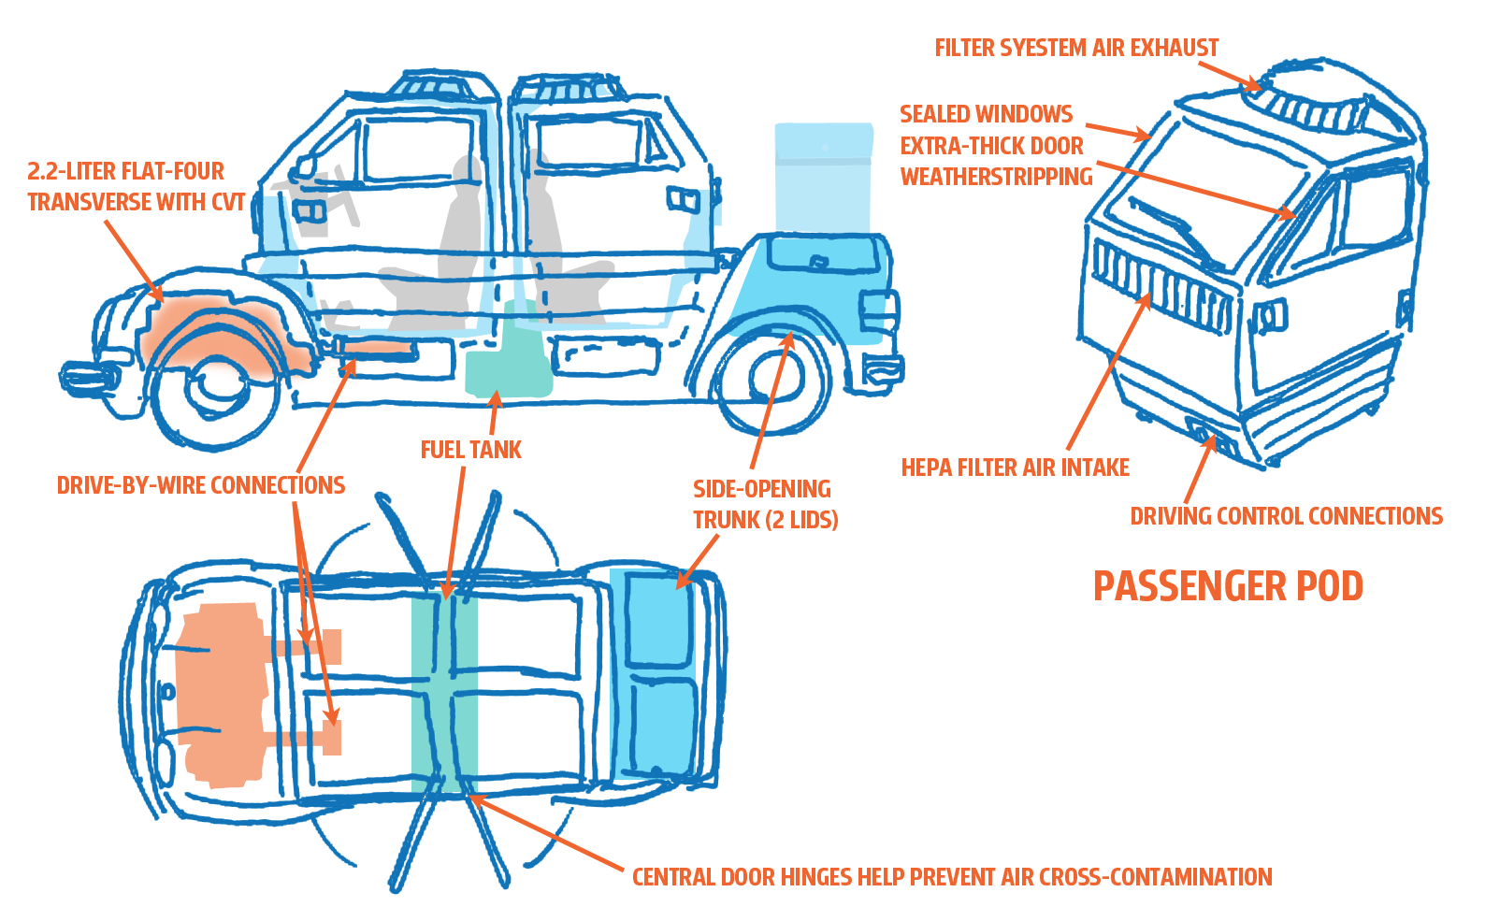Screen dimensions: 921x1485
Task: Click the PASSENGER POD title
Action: click(x=1228, y=587)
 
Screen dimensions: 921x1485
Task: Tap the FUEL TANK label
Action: click(x=470, y=451)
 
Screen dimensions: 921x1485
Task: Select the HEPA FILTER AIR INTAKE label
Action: click(x=1015, y=468)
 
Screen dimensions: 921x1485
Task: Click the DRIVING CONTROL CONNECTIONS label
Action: click(x=1286, y=516)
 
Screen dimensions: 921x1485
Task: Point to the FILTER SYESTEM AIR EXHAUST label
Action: click(x=1076, y=48)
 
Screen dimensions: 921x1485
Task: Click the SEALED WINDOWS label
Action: click(x=986, y=114)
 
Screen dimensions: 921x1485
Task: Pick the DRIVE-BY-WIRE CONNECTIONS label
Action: click(x=201, y=485)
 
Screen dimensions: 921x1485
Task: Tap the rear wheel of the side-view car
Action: click(x=773, y=381)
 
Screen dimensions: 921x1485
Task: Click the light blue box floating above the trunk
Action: click(x=822, y=178)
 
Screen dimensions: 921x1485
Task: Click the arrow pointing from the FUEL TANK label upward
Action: click(x=495, y=411)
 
